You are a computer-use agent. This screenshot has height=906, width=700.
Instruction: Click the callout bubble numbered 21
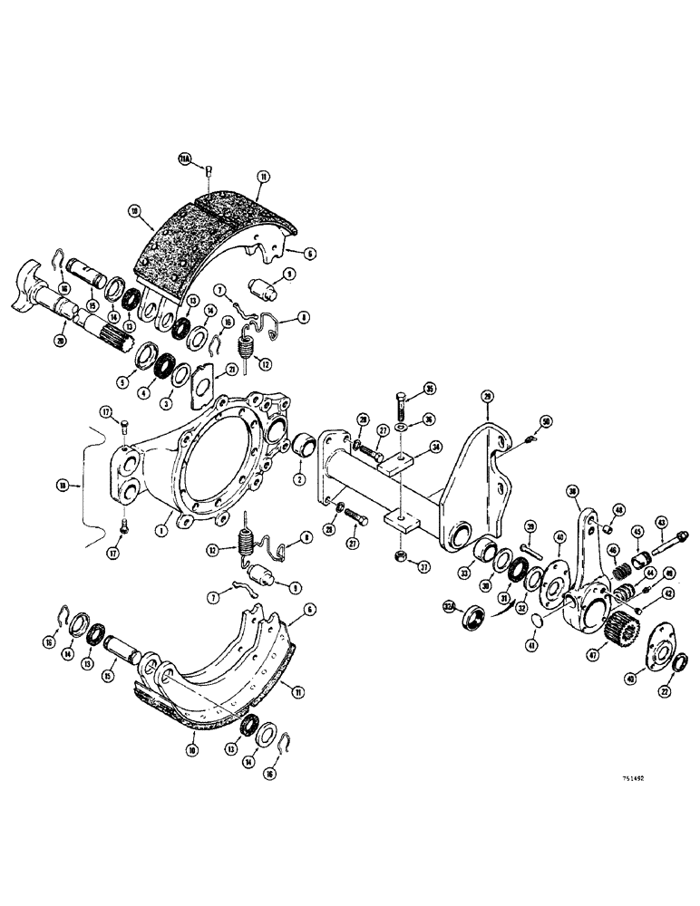(231, 370)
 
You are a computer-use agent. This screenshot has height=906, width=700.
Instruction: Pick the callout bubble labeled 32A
(447, 606)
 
